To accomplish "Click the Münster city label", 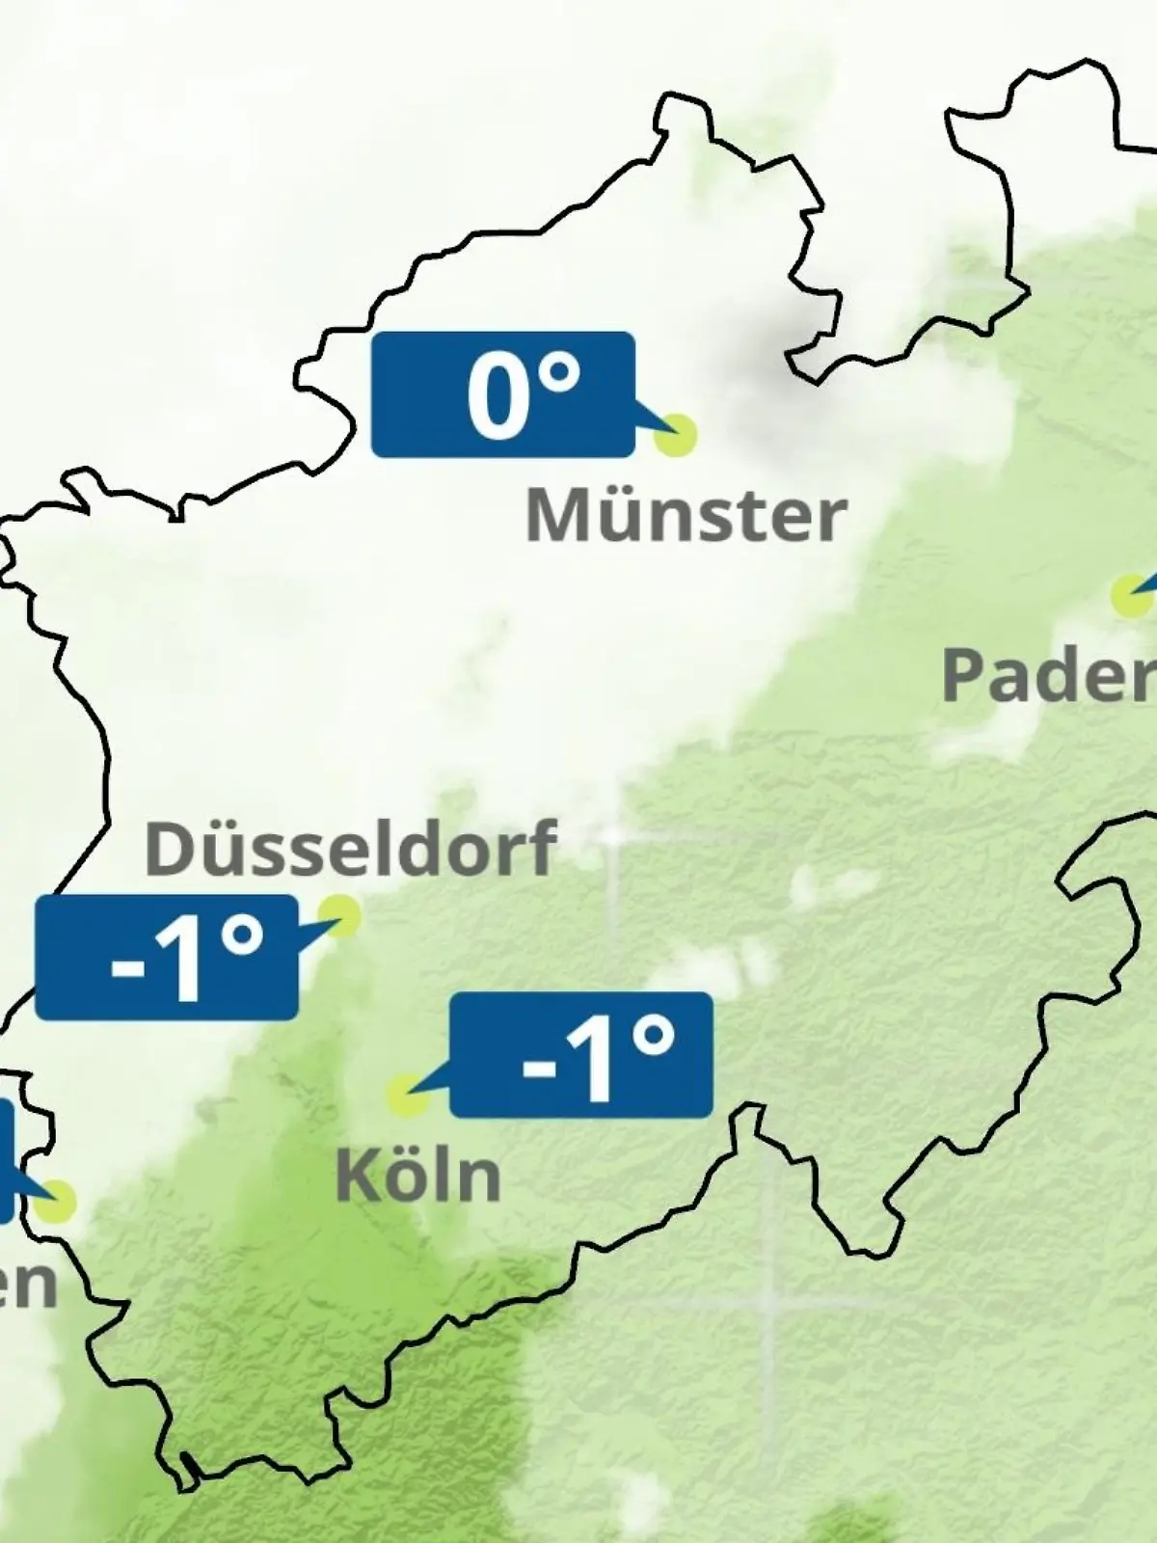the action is (x=686, y=515).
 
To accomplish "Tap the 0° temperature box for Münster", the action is (x=503, y=393).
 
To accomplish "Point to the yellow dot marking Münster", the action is (x=675, y=435).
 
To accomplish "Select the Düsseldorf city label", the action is (x=350, y=848).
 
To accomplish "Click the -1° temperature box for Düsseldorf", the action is (x=166, y=957).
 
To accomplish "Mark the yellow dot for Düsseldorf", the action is (x=339, y=914).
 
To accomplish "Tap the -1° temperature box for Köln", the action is (x=581, y=1054).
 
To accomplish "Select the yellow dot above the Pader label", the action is (x=1131, y=596).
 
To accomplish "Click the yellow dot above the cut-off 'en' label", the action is (x=56, y=1202).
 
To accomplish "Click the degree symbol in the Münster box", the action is (x=558, y=372).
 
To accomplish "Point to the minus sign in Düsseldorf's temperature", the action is (x=126, y=964).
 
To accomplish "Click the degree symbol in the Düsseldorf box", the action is (x=240, y=936).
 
